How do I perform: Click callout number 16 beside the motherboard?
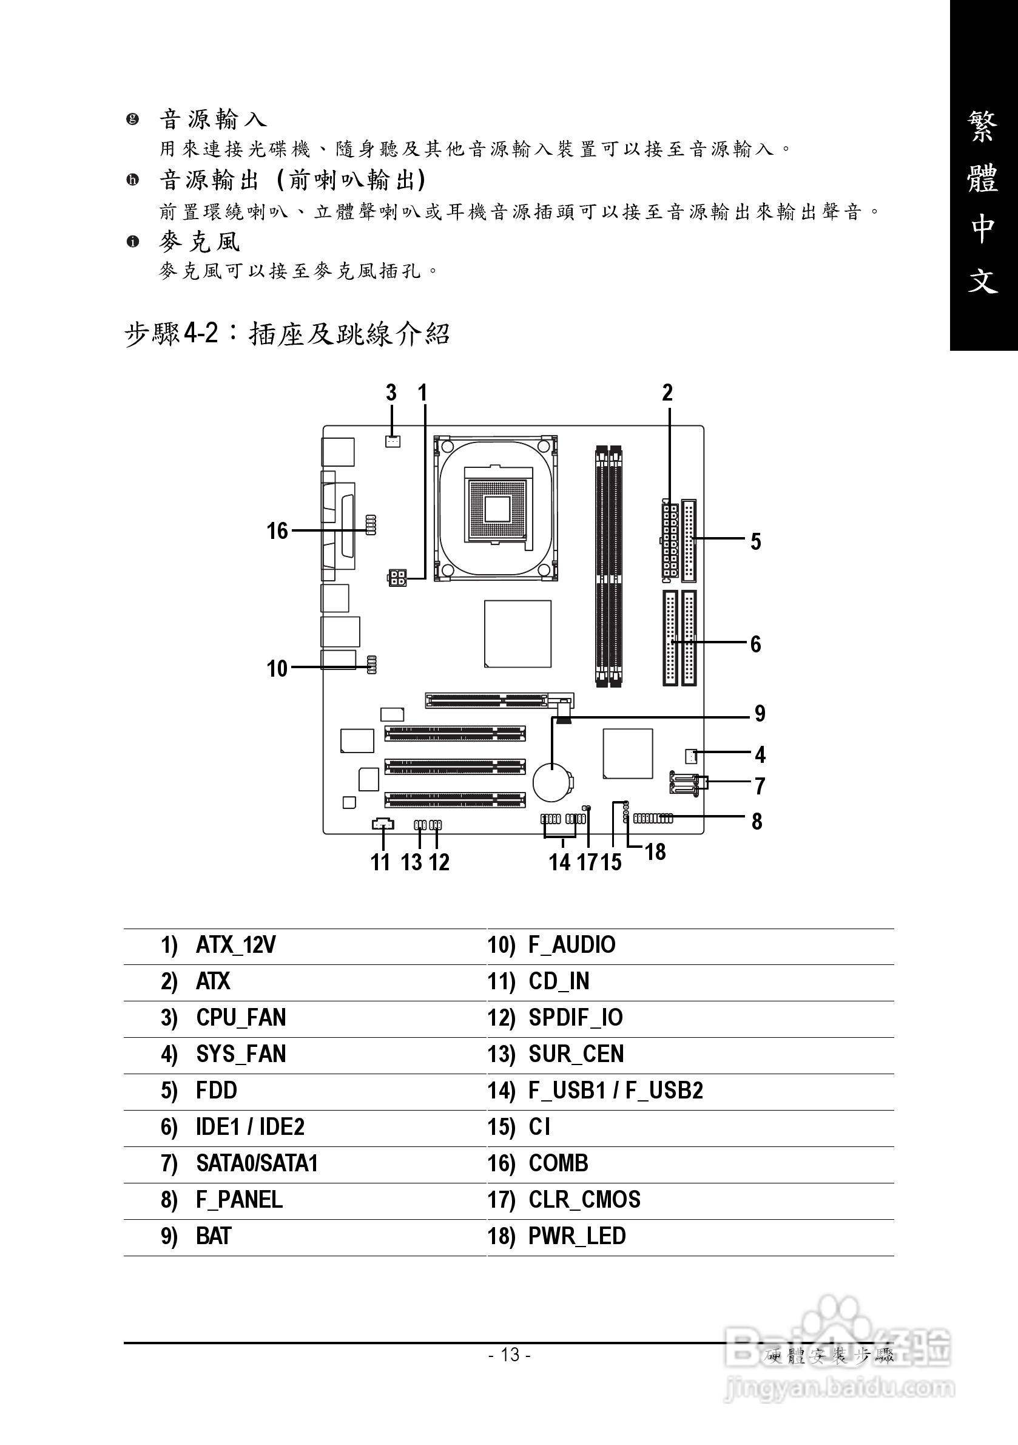[x=277, y=530]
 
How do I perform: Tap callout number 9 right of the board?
[x=760, y=713]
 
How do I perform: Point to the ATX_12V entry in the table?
[x=235, y=945]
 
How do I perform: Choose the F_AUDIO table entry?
[x=571, y=945]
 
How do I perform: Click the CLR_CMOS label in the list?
[x=584, y=1200]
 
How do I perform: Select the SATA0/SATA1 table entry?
[x=257, y=1163]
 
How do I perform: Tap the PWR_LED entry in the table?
[x=577, y=1236]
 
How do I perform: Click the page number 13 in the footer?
[x=510, y=1355]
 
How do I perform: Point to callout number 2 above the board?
[x=667, y=393]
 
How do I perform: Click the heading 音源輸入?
[x=213, y=118]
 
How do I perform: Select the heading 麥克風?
[x=200, y=242]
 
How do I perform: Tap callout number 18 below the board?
[x=655, y=851]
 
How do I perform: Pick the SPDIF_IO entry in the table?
[x=575, y=1018]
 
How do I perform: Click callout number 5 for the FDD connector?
[x=756, y=541]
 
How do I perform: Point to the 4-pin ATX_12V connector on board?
[x=396, y=577]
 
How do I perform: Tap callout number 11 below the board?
[x=380, y=862]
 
